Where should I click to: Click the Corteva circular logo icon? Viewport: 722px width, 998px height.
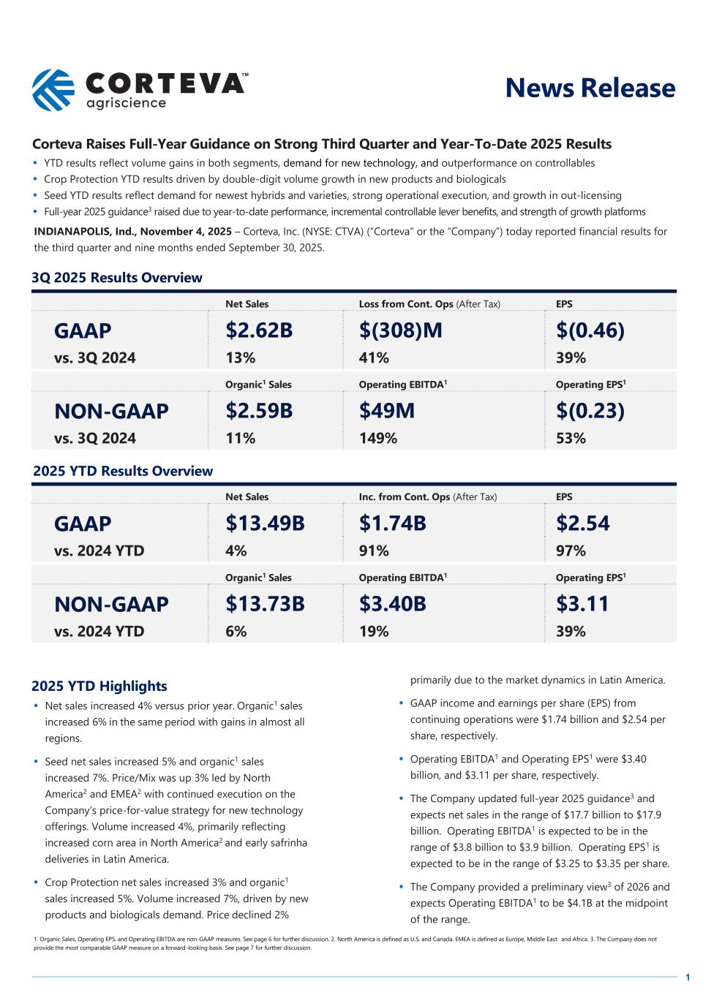(x=53, y=90)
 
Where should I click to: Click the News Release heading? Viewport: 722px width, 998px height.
(x=590, y=88)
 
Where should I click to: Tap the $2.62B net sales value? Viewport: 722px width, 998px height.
(x=259, y=330)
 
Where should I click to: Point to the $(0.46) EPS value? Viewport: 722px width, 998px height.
(x=590, y=330)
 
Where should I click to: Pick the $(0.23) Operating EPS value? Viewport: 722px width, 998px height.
(x=590, y=411)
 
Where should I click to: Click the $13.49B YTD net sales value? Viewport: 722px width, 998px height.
(x=265, y=523)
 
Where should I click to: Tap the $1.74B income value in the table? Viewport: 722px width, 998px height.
(x=392, y=523)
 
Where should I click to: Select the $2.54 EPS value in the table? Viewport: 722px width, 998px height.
(x=582, y=523)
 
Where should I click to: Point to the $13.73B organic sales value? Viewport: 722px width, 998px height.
(x=265, y=604)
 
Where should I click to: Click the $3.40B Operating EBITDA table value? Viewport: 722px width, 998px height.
(x=392, y=604)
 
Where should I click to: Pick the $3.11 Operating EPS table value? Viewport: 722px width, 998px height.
(x=582, y=604)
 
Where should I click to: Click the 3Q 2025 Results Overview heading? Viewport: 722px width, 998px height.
(x=117, y=278)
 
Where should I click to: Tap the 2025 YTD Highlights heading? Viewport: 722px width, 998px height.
(x=99, y=686)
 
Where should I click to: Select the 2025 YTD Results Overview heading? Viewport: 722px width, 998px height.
(x=123, y=471)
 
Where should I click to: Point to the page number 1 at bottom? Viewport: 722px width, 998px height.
(x=688, y=978)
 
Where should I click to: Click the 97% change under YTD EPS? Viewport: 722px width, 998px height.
(x=571, y=551)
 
